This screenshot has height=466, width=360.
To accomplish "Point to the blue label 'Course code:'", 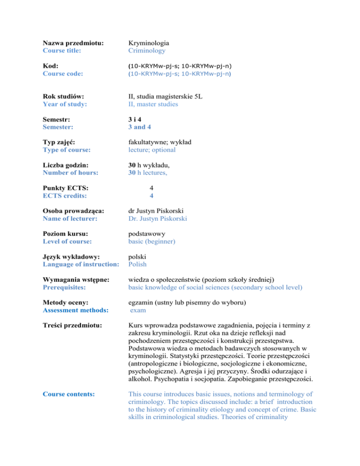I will tap(63, 74).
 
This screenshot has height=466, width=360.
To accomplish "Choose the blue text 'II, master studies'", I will tap(153, 105).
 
